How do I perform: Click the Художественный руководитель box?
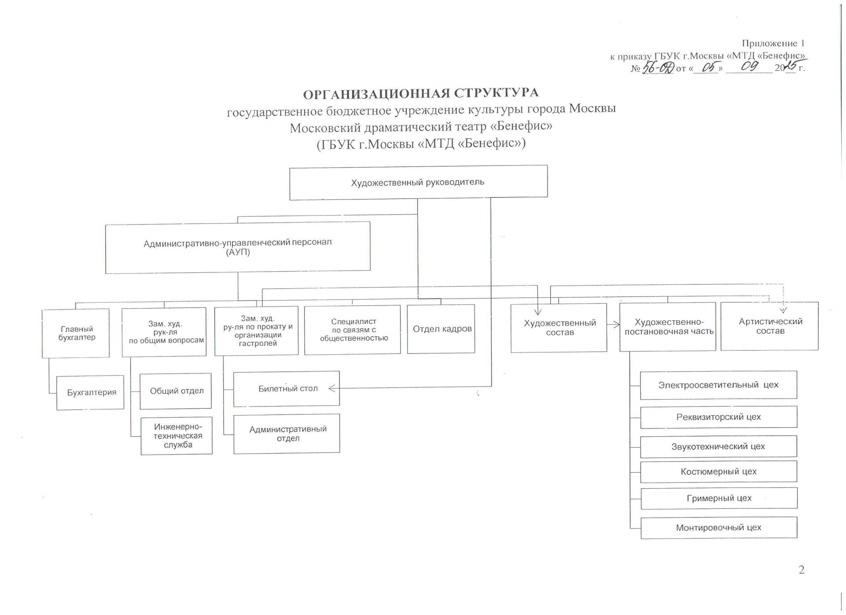pyautogui.click(x=418, y=182)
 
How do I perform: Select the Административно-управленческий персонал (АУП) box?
pyautogui.click(x=238, y=247)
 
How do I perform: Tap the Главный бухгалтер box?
pyautogui.click(x=76, y=333)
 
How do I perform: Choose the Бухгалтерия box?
pyautogui.click(x=90, y=392)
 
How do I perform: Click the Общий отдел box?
pyautogui.click(x=176, y=391)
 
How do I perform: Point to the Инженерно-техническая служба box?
pyautogui.click(x=177, y=436)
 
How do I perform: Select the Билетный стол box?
pyautogui.click(x=287, y=389)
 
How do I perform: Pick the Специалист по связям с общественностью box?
pyautogui.click(x=353, y=330)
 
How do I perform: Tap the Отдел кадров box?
pyautogui.click(x=441, y=329)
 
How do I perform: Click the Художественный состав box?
pyautogui.click(x=559, y=328)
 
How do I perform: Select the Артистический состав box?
pyautogui.click(x=770, y=326)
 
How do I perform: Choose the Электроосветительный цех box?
pyautogui.click(x=718, y=385)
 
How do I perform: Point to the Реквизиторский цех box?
pyautogui.click(x=718, y=417)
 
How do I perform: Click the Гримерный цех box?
pyautogui.click(x=719, y=498)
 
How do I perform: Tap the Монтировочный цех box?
pyautogui.click(x=719, y=528)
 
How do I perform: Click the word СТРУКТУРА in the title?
pyautogui.click(x=496, y=93)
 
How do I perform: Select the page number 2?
pyautogui.click(x=801, y=570)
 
